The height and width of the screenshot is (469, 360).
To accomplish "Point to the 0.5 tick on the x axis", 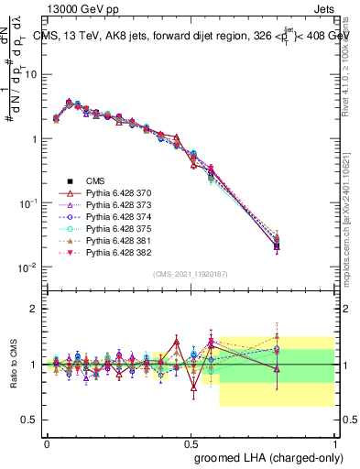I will [x=191, y=442].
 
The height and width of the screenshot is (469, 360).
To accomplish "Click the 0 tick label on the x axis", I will [x=48, y=442].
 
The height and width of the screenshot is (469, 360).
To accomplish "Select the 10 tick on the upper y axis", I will [x=32, y=74].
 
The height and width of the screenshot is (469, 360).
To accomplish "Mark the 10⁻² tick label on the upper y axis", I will [x=29, y=267].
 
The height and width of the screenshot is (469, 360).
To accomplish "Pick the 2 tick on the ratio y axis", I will [x=34, y=310].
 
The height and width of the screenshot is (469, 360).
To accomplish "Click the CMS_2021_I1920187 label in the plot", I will [x=191, y=274].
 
